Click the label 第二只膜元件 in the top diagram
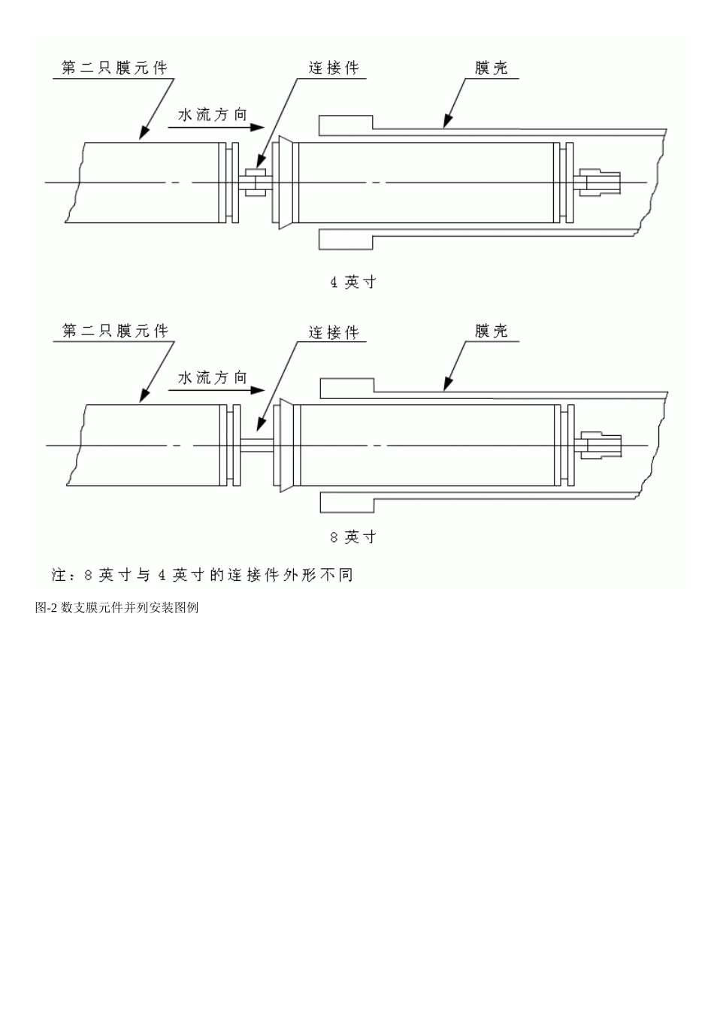coord(114,68)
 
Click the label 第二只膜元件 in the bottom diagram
coord(115,331)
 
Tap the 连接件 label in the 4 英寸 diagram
coord(334,68)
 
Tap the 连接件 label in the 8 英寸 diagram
coord(334,332)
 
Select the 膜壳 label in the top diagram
coord(492,68)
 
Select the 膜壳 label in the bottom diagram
coord(492,331)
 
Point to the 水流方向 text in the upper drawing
coord(212,115)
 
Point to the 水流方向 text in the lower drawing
coord(212,378)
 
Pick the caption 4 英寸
coord(353,283)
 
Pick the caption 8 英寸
coord(353,537)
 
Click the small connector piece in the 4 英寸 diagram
coord(256,183)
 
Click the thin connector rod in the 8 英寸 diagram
coord(256,445)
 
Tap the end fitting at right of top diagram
coord(601,182)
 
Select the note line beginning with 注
coord(201,576)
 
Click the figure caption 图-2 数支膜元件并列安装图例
coord(116,608)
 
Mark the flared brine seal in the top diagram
coord(283,182)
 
